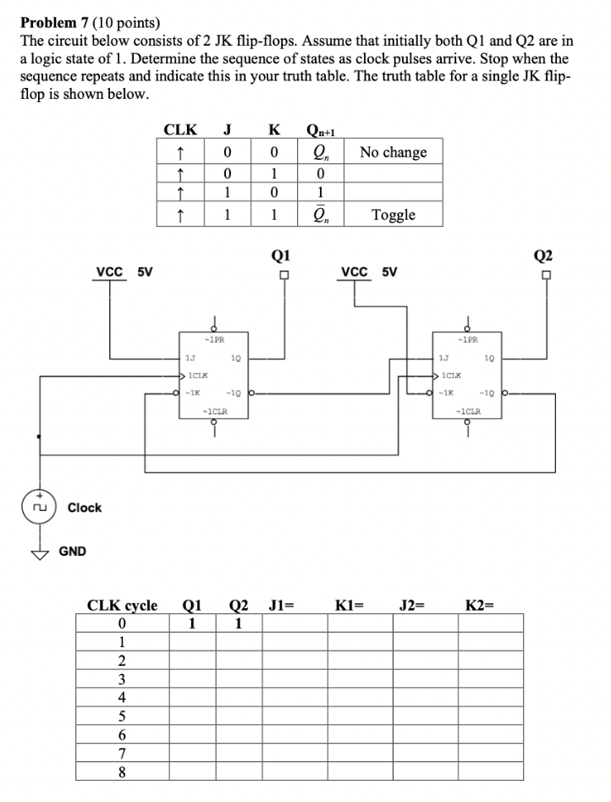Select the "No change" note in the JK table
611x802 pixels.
pyautogui.click(x=393, y=152)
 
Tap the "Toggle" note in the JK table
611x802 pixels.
pyautogui.click(x=394, y=214)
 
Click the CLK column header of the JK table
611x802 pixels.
pyautogui.click(x=180, y=129)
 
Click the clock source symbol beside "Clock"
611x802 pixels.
pyautogui.click(x=37, y=508)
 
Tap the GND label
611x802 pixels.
pyautogui.click(x=72, y=552)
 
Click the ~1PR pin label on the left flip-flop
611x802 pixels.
pyautogui.click(x=214, y=340)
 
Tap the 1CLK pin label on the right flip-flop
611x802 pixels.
pyautogui.click(x=453, y=375)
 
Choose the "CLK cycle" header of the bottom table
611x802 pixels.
pyautogui.click(x=123, y=605)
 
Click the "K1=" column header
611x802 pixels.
pyautogui.click(x=349, y=605)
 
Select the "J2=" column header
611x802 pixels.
pyautogui.click(x=412, y=605)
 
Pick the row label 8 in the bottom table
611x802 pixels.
pyautogui.click(x=122, y=771)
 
